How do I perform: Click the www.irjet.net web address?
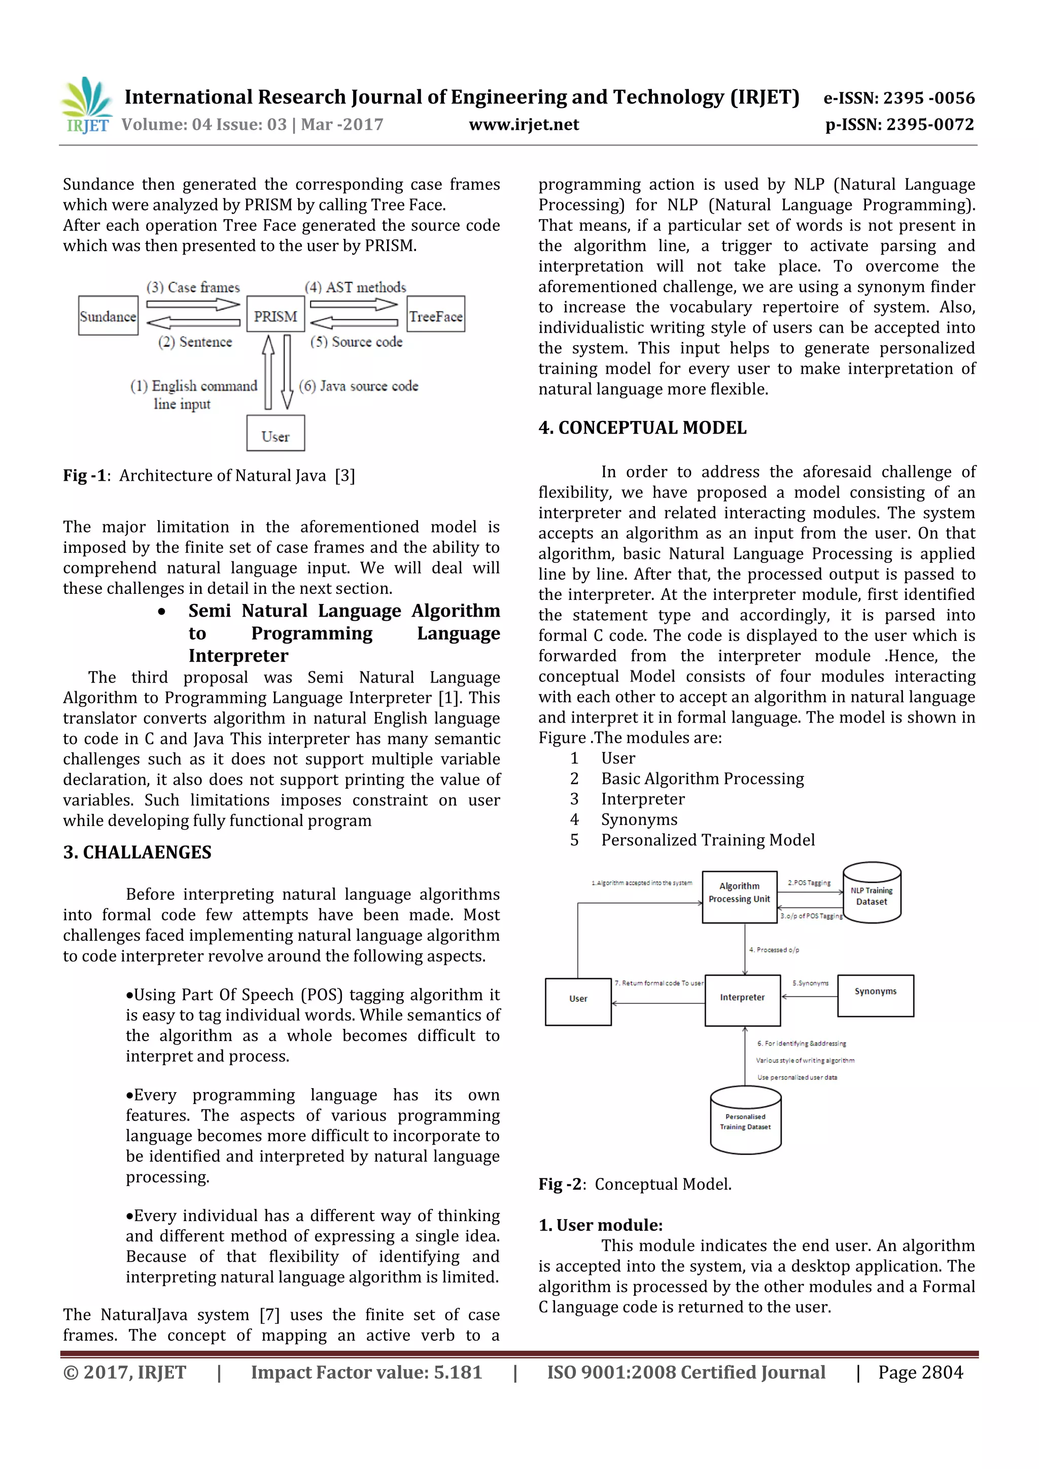point(524,124)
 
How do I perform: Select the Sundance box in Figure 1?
point(108,315)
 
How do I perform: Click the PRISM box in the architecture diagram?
point(275,314)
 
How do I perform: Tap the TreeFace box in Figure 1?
point(436,314)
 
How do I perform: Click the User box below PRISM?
point(275,434)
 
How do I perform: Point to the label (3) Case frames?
point(193,288)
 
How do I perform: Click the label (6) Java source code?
point(359,386)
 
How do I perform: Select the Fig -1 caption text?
point(209,475)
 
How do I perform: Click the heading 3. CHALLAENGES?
point(137,852)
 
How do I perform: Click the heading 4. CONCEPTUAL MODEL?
point(642,427)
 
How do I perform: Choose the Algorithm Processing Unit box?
point(739,897)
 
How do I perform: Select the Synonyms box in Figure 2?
point(875,995)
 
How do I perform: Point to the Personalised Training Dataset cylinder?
point(745,1122)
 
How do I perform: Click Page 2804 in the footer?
point(920,1372)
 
